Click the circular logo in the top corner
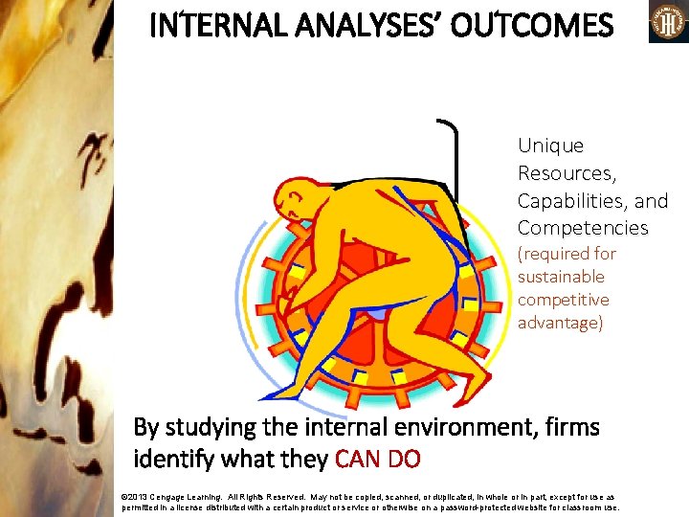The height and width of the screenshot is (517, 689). (668, 21)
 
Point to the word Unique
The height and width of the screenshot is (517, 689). (550, 146)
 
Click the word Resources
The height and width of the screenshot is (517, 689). (566, 173)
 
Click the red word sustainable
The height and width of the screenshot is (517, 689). (561, 277)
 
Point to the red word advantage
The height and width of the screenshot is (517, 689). (559, 323)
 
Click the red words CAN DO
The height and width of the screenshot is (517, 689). (378, 460)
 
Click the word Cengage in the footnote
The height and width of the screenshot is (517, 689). (171, 498)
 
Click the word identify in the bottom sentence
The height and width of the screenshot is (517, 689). (169, 460)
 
